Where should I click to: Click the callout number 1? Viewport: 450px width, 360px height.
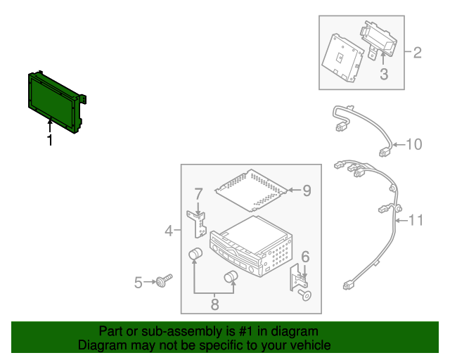click(x=50, y=141)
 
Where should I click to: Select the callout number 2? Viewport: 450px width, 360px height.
click(x=417, y=52)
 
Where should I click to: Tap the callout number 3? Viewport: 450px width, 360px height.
click(x=384, y=74)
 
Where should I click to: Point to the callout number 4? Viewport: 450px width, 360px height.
click(x=169, y=231)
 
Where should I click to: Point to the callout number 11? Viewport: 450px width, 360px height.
click(x=416, y=221)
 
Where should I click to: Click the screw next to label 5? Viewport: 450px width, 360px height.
click(x=165, y=282)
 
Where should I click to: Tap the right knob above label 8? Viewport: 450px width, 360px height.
click(x=230, y=278)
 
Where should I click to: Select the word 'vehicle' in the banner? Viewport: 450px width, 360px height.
click(x=306, y=345)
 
